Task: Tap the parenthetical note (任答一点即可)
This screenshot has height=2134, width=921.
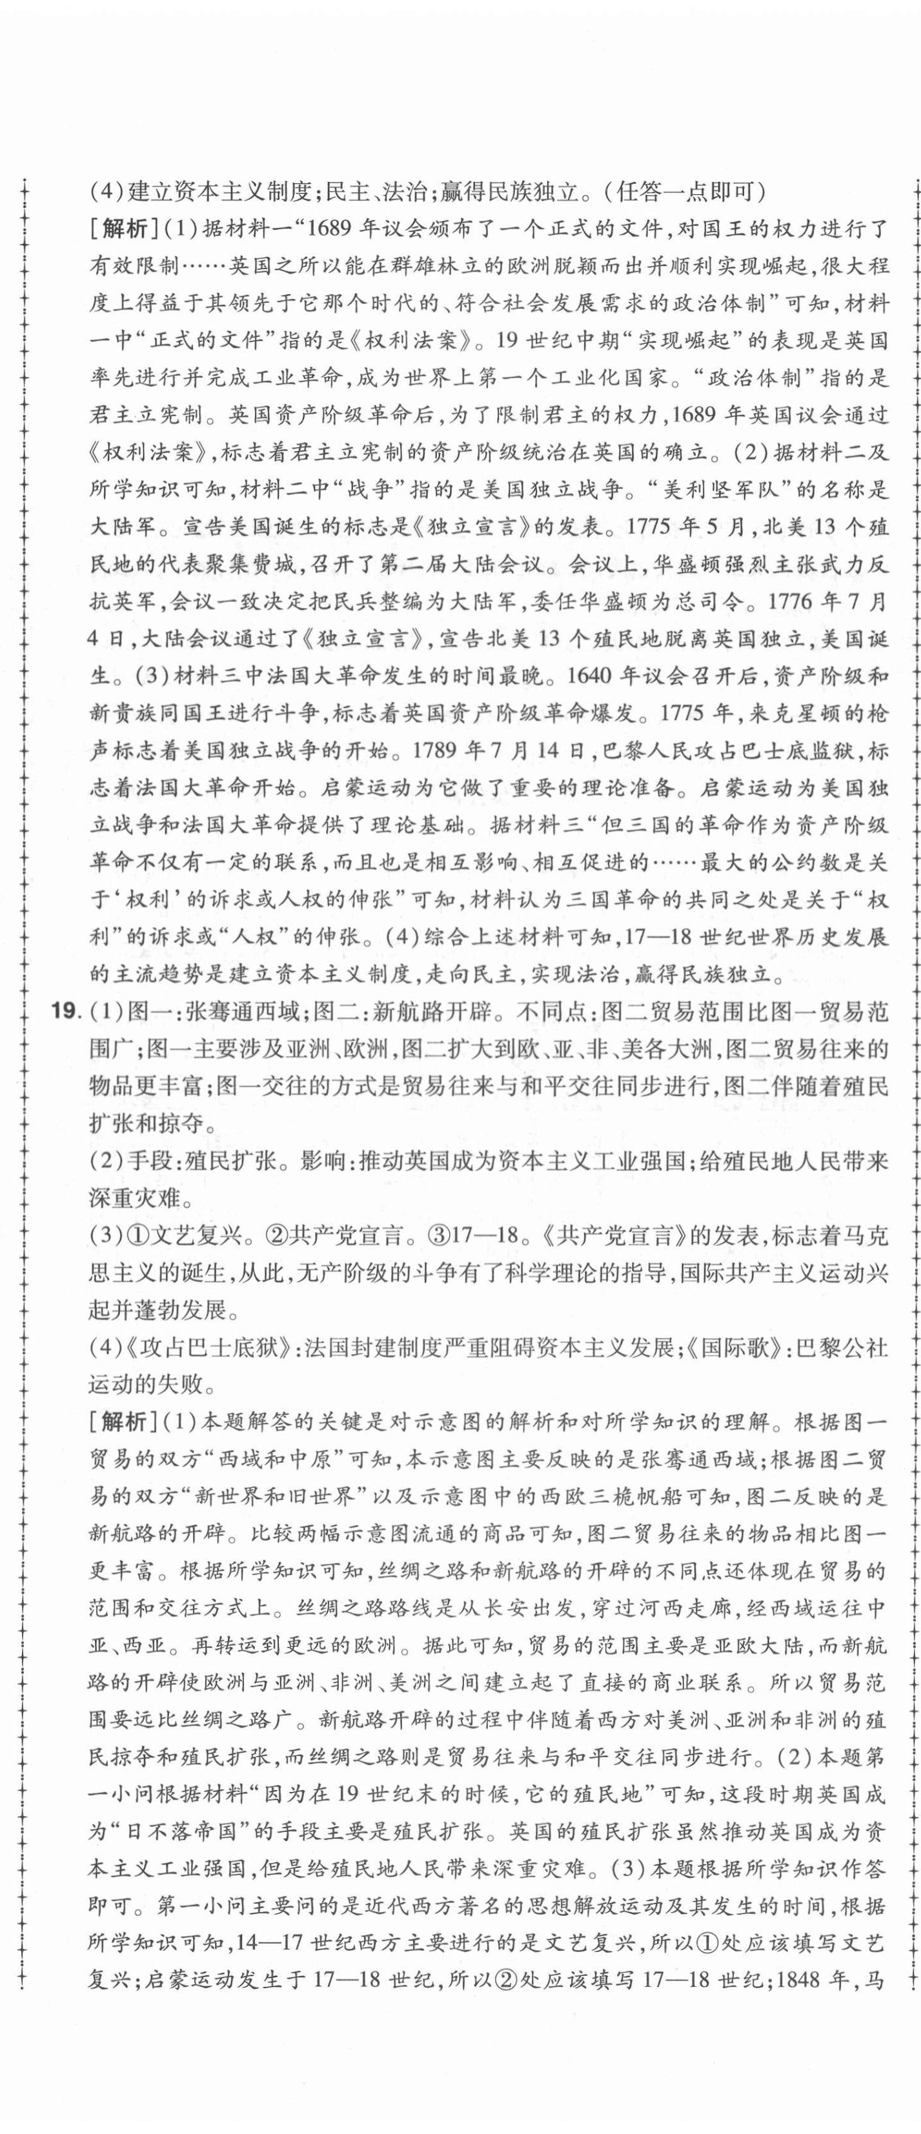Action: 682,193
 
